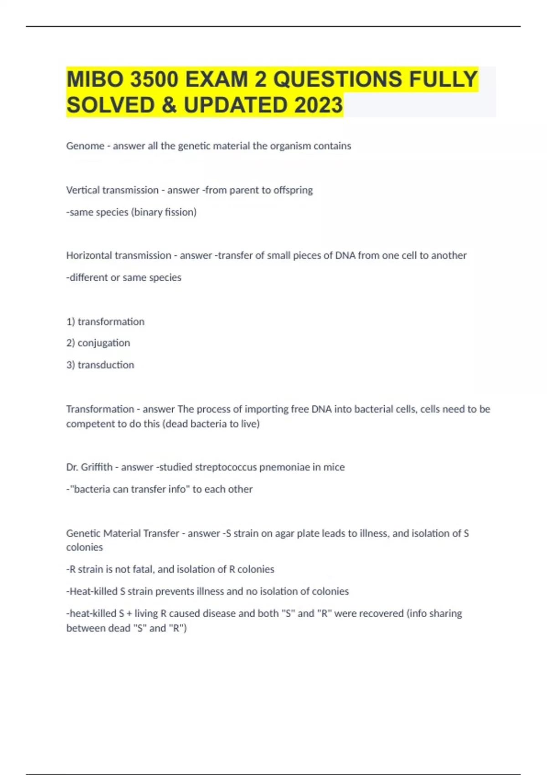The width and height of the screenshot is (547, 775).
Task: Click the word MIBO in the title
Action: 95,79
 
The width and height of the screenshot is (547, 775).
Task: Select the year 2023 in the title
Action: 318,105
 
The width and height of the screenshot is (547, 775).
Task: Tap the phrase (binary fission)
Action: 164,212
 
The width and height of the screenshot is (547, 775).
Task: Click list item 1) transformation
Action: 105,321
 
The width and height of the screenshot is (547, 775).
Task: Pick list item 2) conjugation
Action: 98,343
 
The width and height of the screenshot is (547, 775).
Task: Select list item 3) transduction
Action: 100,365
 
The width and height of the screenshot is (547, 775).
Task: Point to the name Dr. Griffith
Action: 89,467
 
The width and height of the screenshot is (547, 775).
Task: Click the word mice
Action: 334,467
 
